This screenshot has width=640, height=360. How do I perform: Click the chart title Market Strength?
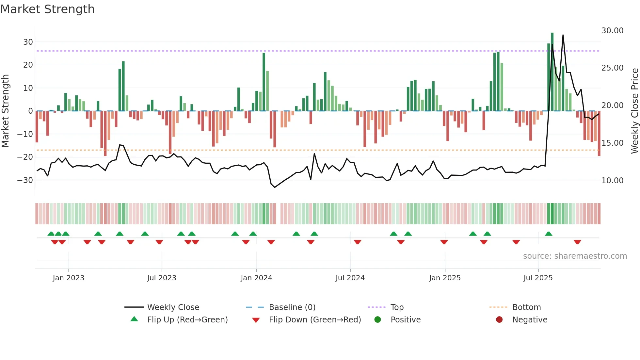point(47,9)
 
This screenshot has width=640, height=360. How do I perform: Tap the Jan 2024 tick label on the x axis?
point(256,278)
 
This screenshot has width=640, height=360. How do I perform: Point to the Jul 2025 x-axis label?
point(538,278)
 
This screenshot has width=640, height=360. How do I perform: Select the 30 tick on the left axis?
point(28,42)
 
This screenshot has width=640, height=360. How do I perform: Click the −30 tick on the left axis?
point(25,180)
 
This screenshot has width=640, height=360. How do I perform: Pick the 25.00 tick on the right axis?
point(612,68)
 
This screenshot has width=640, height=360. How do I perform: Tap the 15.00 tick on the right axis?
point(612,143)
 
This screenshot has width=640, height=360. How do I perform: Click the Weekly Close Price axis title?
point(634,111)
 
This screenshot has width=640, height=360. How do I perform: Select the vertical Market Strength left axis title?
point(6,111)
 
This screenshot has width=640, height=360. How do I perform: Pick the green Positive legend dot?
point(377,320)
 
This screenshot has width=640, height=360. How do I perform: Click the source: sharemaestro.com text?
point(575,256)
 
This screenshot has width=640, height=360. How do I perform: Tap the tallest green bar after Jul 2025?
point(552,72)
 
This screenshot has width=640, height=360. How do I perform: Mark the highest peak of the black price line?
point(563,35)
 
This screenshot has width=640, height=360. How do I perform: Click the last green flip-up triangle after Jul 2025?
point(549,234)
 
